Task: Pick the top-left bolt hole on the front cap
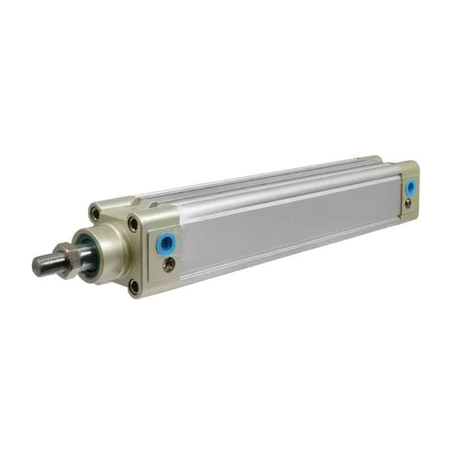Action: point(95,215)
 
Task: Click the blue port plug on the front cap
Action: point(166,242)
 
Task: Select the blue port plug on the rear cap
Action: point(409,187)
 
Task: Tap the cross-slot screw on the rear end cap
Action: point(408,205)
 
